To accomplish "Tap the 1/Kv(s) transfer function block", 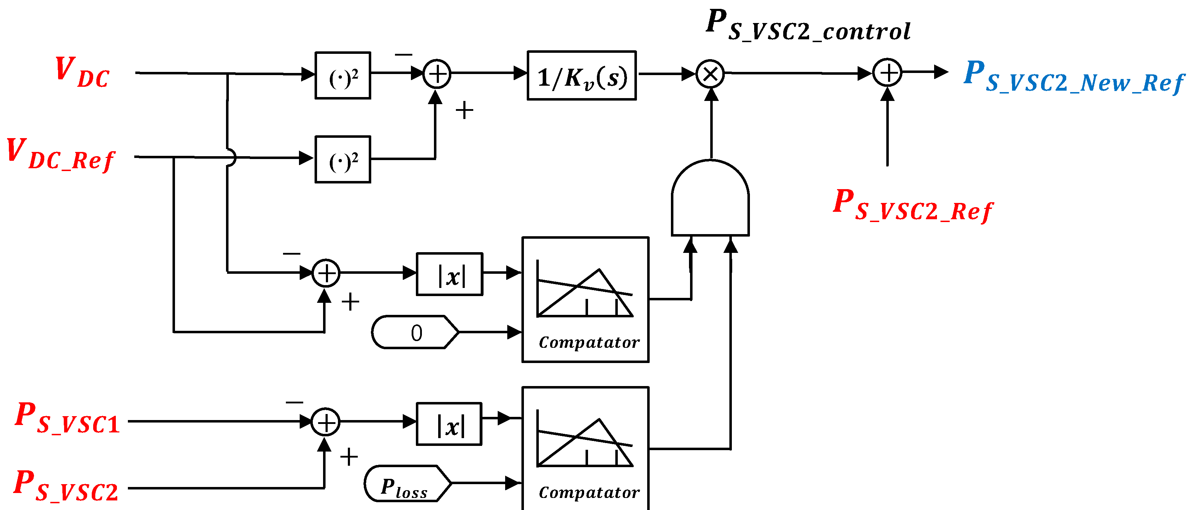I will pyautogui.click(x=582, y=76).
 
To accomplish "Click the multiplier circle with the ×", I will pyautogui.click(x=710, y=74).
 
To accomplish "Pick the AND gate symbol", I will pyautogui.click(x=710, y=199).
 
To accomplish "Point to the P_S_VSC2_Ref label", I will pyautogui.click(x=913, y=206).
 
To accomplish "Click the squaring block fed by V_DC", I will pyautogui.click(x=343, y=76).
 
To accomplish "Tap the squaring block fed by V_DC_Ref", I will pyautogui.click(x=343, y=160).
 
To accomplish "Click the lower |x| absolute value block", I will pyautogui.click(x=449, y=424).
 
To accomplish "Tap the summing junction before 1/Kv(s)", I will pyautogui.click(x=436, y=74).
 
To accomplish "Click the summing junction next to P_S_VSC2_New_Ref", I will pyautogui.click(x=887, y=73).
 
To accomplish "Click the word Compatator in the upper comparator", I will pyautogui.click(x=589, y=342).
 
